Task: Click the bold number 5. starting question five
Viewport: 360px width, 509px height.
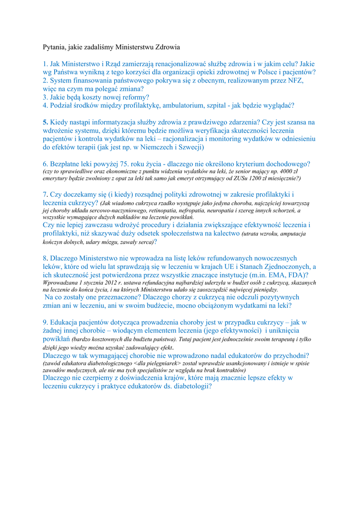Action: click(46, 122)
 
